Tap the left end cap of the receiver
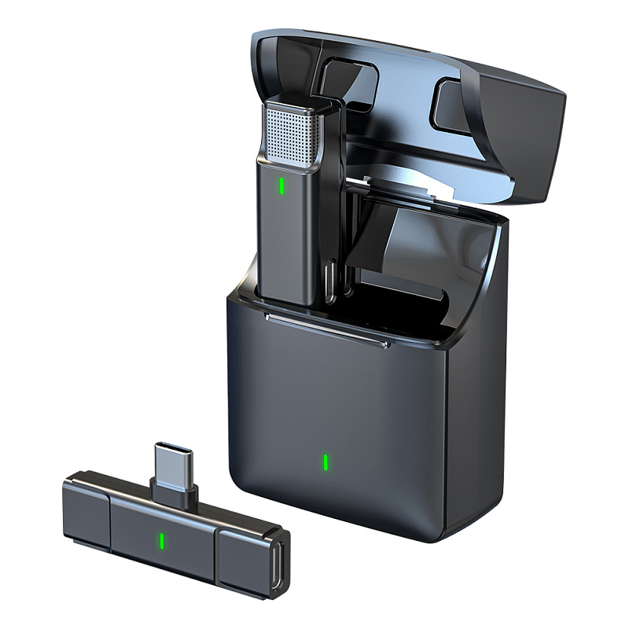pyautogui.click(x=85, y=511)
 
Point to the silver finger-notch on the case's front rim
pyautogui.click(x=326, y=331)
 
